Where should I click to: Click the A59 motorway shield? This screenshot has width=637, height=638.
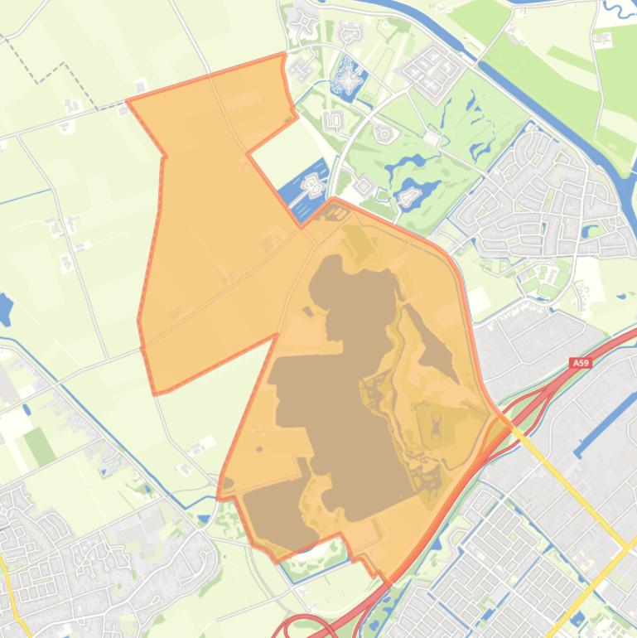click(x=581, y=362)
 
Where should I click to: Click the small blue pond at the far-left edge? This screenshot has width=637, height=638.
click(x=4, y=309)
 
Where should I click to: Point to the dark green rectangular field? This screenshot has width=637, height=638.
click(x=38, y=447)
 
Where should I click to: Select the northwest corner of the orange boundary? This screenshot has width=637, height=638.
click(x=128, y=102)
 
